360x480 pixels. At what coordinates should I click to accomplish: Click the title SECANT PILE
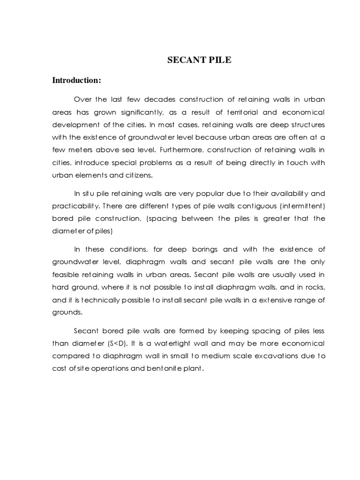(200, 60)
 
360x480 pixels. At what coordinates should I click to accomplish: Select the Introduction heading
(76, 80)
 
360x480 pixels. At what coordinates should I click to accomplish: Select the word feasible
(66, 275)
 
